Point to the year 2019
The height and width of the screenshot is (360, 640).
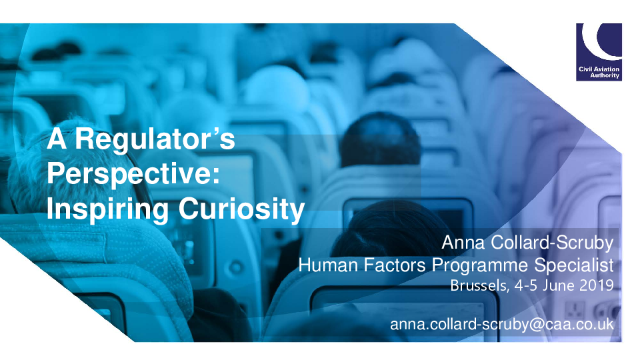click(x=596, y=285)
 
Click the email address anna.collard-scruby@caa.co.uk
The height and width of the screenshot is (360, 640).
click(x=502, y=325)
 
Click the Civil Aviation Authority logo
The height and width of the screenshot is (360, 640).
click(x=599, y=52)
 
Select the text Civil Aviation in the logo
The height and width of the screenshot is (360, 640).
click(x=599, y=69)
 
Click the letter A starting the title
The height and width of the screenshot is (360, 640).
click(x=56, y=139)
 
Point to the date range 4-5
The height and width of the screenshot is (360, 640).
click(x=526, y=285)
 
